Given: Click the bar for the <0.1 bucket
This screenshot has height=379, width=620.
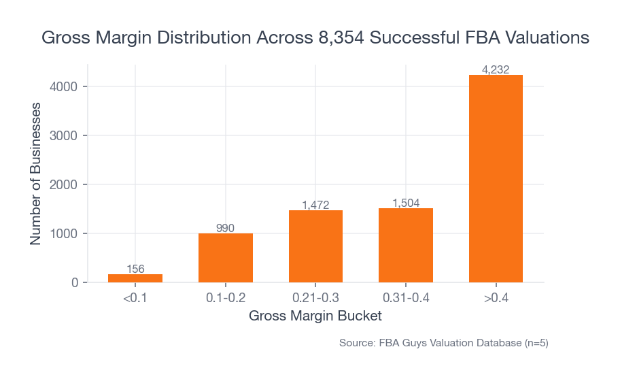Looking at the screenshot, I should click(135, 278).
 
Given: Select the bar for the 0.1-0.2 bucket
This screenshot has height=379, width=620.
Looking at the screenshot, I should click(226, 258).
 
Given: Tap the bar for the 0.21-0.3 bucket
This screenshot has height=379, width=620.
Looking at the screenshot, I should click(315, 246).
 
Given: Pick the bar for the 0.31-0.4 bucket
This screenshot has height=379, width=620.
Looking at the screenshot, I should click(406, 246).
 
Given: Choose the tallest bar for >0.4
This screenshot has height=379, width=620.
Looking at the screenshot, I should click(496, 179).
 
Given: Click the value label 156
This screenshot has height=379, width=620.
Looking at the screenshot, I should click(135, 269).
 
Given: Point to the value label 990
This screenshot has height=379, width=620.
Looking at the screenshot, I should click(226, 228).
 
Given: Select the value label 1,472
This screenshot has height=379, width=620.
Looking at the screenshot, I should click(315, 205).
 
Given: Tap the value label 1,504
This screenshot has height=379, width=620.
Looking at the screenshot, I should click(406, 203).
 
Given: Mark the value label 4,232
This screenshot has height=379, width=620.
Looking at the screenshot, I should click(496, 69).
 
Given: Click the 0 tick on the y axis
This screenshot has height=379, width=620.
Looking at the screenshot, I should click(75, 282).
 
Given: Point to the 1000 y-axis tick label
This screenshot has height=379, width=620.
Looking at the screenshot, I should click(65, 233).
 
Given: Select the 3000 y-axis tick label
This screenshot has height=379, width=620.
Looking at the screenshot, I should click(65, 135).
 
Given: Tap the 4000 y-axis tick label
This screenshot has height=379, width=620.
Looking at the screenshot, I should click(65, 86).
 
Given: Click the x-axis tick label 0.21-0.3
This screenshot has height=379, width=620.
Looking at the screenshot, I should click(315, 298).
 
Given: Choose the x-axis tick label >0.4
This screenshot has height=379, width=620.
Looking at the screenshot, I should click(496, 298).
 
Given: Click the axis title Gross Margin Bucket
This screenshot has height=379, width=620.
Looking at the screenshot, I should click(315, 316).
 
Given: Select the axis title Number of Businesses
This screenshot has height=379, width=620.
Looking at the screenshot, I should click(36, 174).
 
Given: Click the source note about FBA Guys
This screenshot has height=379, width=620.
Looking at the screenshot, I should click(443, 343).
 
